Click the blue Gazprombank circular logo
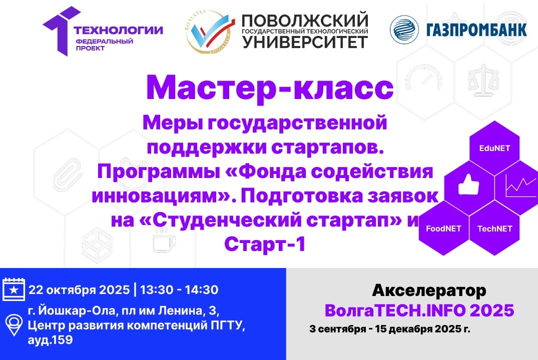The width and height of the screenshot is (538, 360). (x=404, y=29)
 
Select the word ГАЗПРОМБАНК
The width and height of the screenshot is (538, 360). (x=476, y=30)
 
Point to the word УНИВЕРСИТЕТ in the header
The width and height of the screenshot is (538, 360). (x=305, y=42)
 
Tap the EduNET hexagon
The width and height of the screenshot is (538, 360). (x=494, y=148)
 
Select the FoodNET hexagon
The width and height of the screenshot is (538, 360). (x=443, y=228)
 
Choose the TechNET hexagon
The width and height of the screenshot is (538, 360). (x=494, y=228)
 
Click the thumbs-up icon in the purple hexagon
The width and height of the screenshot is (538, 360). (x=469, y=186)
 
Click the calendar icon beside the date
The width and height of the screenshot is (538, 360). (x=14, y=289)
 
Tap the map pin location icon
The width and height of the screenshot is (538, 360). (x=14, y=325)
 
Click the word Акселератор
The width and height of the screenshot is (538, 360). (x=429, y=290)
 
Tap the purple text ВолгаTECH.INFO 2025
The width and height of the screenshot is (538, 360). (x=419, y=310)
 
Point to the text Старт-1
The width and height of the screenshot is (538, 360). (x=264, y=244)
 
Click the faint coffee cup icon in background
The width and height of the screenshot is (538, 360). (x=164, y=241)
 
